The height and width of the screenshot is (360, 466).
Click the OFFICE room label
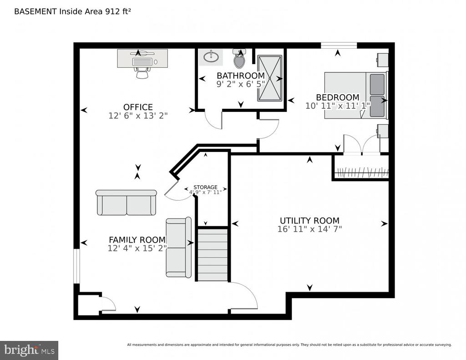(x=138, y=107)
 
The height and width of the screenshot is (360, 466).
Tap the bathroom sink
(x=211, y=57)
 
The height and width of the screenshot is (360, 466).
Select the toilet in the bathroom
(x=239, y=59)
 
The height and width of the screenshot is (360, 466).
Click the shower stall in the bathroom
(x=269, y=78)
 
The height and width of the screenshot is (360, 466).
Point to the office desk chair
(x=142, y=72)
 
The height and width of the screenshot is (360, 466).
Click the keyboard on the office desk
(x=142, y=62)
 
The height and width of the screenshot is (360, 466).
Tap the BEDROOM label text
(x=338, y=97)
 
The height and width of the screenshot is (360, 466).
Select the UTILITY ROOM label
(x=309, y=221)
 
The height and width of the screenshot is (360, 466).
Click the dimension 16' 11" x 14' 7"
(x=309, y=229)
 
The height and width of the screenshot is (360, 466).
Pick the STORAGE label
(x=205, y=187)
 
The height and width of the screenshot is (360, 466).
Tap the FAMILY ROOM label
(x=137, y=239)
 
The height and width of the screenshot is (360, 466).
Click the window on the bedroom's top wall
(x=339, y=46)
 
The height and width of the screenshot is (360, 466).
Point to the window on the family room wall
(x=76, y=266)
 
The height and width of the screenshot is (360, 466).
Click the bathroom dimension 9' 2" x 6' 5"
(x=241, y=84)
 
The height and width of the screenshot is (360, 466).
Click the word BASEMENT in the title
(x=35, y=11)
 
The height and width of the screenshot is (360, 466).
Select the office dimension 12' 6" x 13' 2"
(x=138, y=116)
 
